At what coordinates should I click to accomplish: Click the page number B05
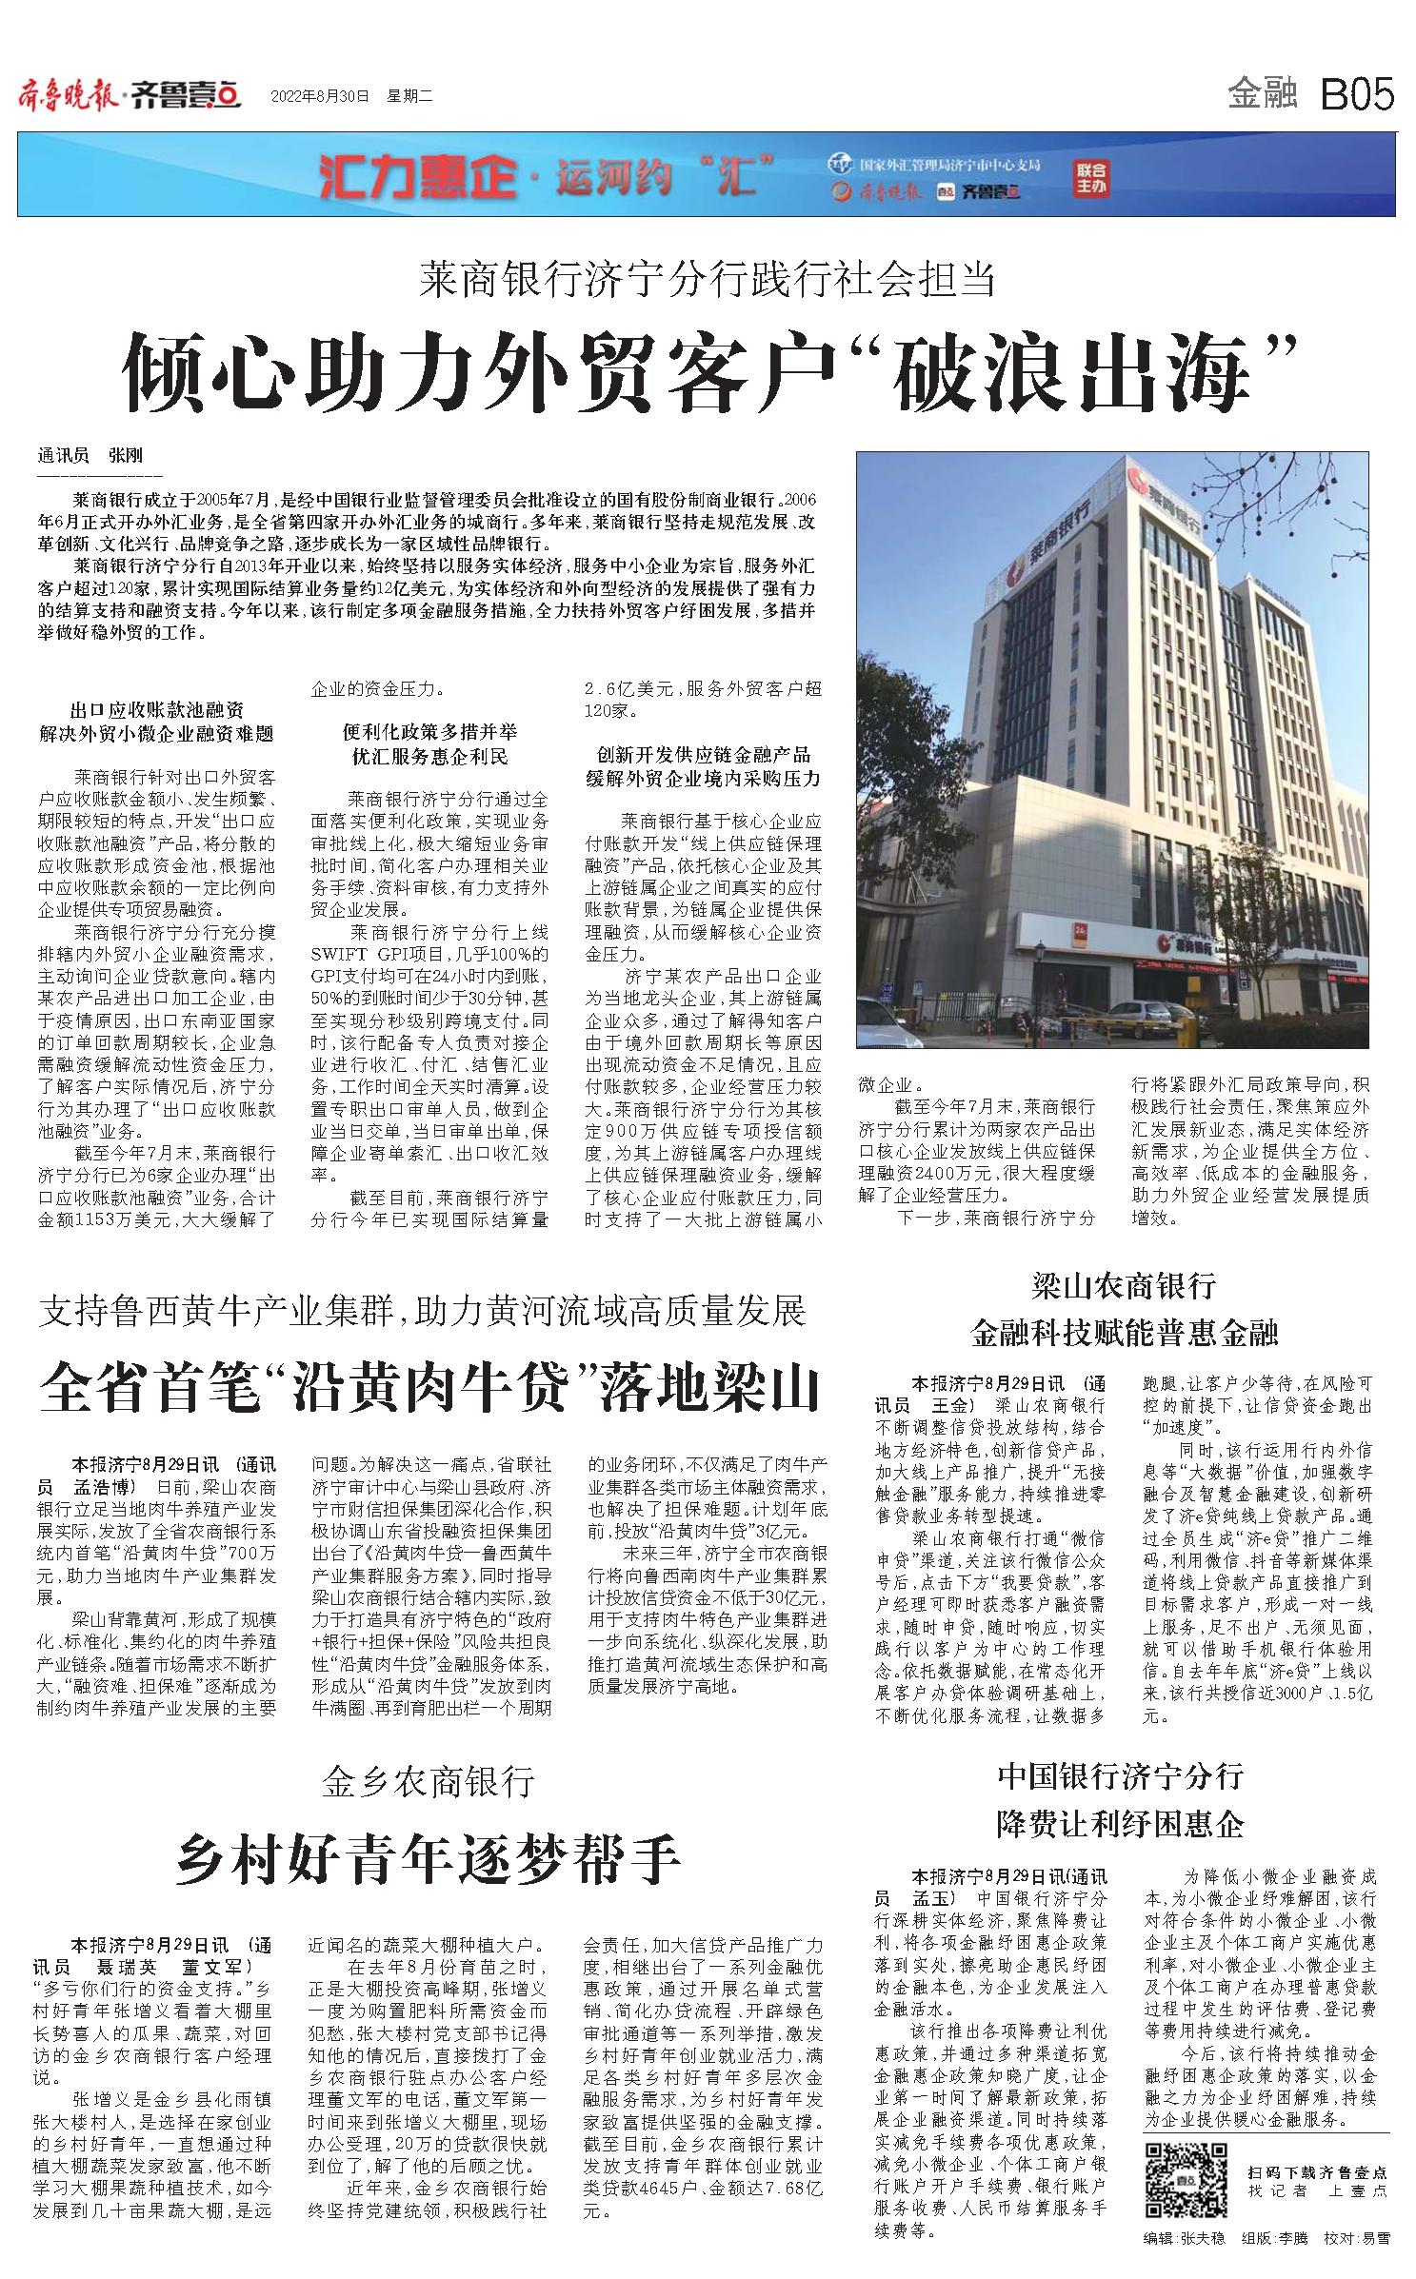[1356, 95]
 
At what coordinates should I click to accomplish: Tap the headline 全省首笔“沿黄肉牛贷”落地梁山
[429, 1390]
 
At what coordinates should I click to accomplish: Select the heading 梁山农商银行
[1124, 1286]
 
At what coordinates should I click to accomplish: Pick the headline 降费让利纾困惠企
[1120, 1824]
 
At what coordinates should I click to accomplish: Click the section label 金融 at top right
[1263, 94]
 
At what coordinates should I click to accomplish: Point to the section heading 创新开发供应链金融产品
[703, 755]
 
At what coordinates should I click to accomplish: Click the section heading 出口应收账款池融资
[157, 710]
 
